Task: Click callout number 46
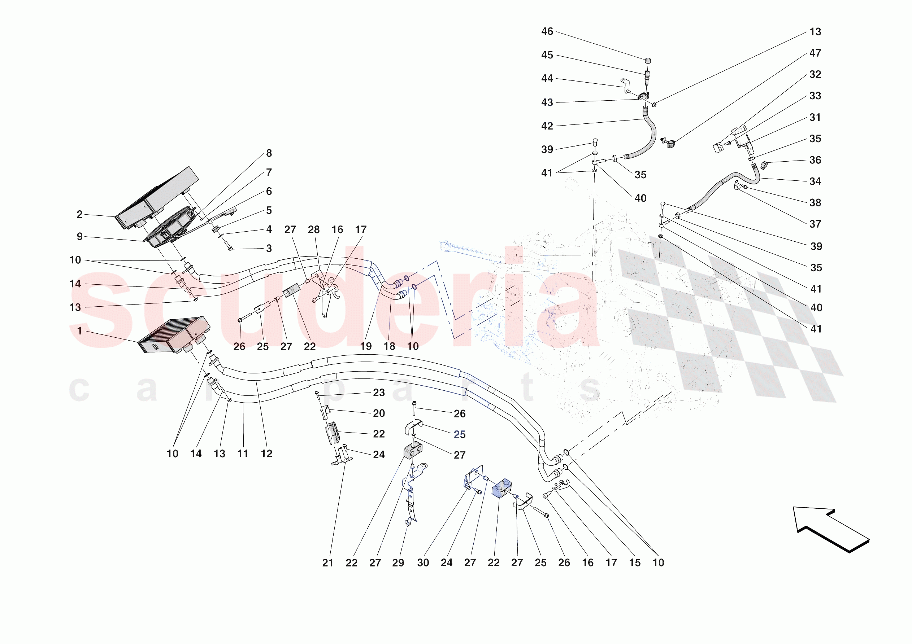click(x=547, y=32)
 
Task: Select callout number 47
click(x=815, y=53)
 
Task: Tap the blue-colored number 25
click(x=460, y=434)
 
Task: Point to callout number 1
click(x=79, y=331)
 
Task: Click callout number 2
click(x=79, y=214)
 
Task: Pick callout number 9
click(x=79, y=237)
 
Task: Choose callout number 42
click(x=547, y=126)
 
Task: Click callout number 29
click(x=398, y=562)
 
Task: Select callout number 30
click(x=423, y=562)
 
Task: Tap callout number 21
click(x=328, y=562)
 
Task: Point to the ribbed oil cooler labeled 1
click(x=174, y=335)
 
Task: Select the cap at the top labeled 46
click(x=647, y=60)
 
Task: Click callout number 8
click(x=269, y=153)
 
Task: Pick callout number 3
click(x=269, y=249)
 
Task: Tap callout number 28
click(x=313, y=229)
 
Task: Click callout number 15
click(x=634, y=562)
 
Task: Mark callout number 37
click(x=815, y=224)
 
